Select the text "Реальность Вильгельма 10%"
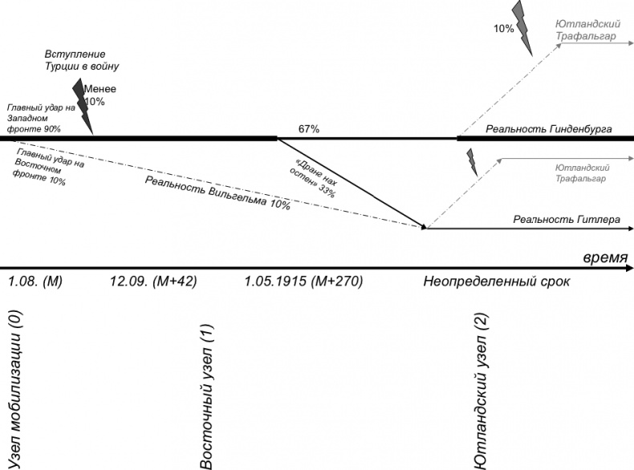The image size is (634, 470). click(217, 192)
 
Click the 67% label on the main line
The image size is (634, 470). click(309, 128)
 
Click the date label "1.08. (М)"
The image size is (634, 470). click(35, 282)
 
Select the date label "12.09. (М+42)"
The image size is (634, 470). click(152, 282)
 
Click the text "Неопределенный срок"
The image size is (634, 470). click(493, 282)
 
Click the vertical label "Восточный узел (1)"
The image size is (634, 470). click(206, 397)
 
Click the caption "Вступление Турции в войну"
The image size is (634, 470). click(82, 60)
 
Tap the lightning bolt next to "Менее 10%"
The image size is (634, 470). click(83, 105)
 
